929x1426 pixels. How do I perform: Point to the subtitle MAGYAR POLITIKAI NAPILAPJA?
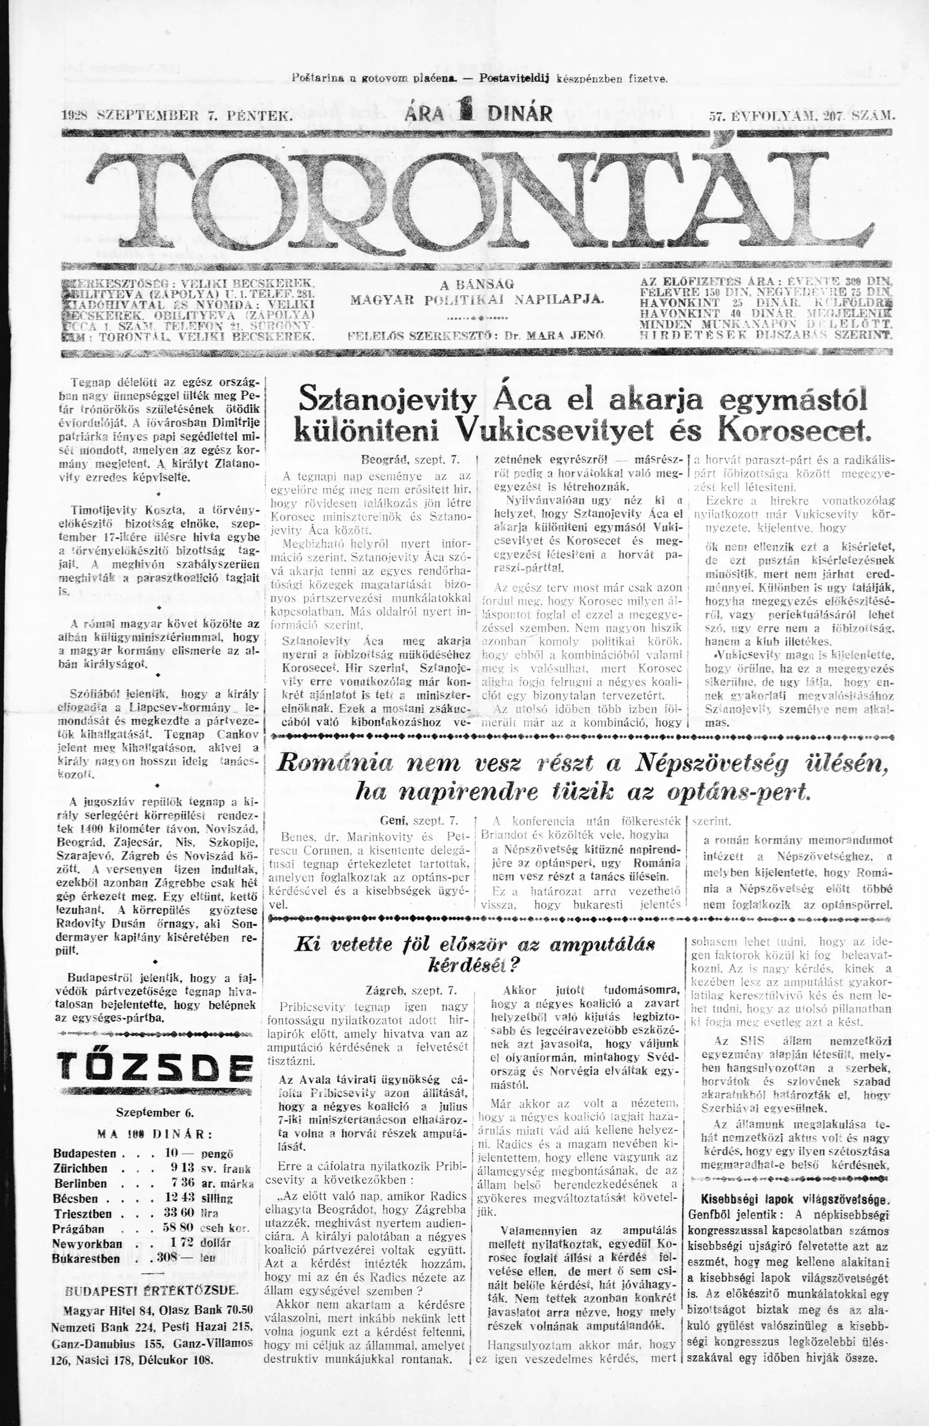(x=477, y=299)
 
